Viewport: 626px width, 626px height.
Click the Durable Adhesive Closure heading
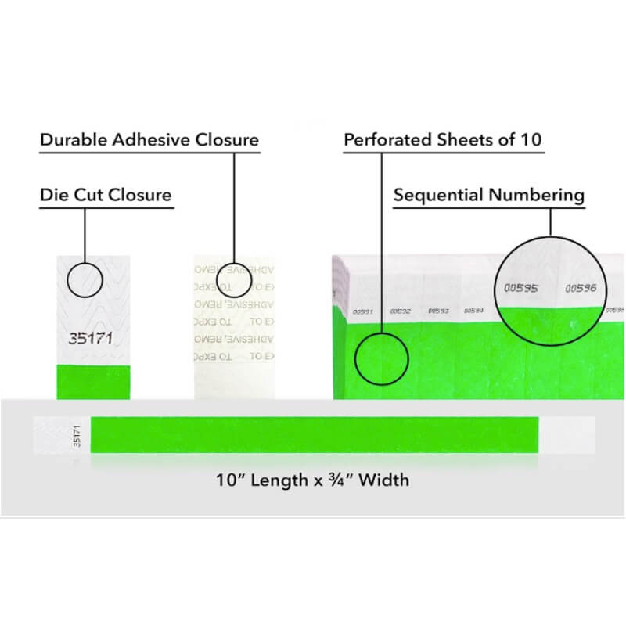point(149,140)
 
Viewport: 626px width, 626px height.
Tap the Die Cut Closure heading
point(106,194)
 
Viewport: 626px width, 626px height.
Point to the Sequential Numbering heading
point(489,194)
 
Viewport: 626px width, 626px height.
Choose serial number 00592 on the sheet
point(401,311)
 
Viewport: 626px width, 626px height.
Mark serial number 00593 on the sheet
point(437,311)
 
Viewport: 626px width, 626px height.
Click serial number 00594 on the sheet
point(473,311)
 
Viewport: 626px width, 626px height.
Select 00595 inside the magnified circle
point(520,288)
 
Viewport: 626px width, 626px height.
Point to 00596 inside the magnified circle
point(581,288)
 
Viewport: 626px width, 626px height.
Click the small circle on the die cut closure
point(85,280)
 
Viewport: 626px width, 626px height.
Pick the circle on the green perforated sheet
point(381,358)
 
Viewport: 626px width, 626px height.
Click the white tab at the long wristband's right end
point(567,434)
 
